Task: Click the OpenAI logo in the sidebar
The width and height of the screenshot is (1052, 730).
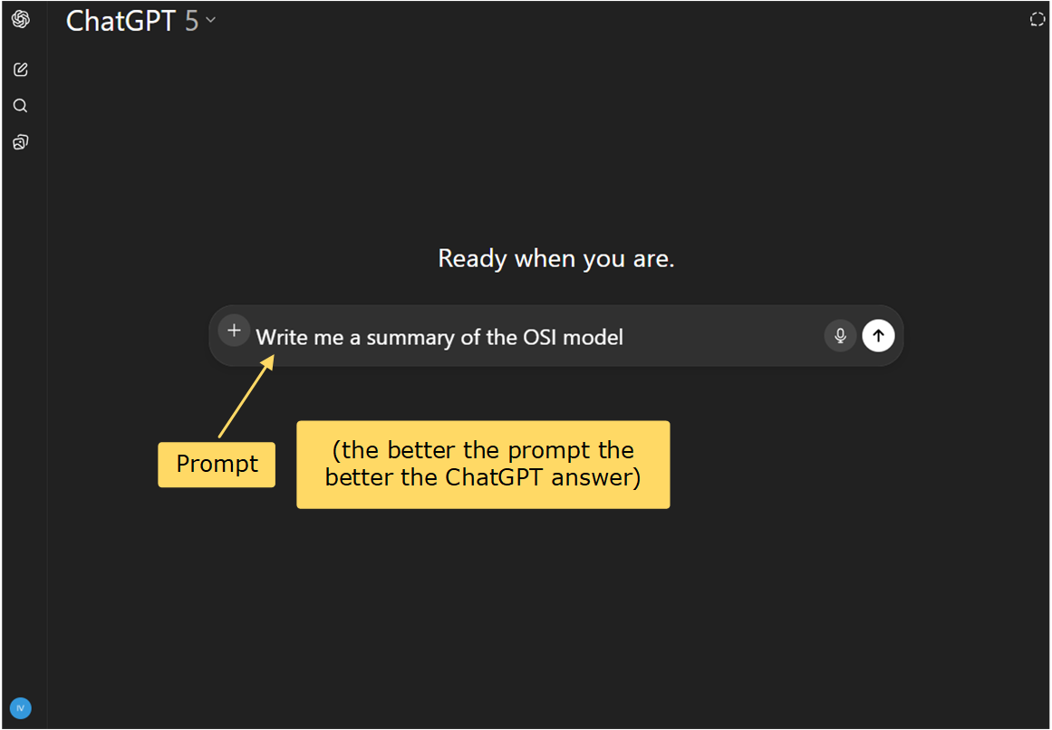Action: (x=20, y=19)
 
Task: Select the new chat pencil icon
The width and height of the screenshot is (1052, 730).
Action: (x=20, y=70)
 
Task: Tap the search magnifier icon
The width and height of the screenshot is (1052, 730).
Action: (x=20, y=106)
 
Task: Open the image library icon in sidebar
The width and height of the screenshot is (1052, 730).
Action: (x=20, y=142)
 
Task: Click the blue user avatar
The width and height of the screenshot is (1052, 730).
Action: (x=20, y=707)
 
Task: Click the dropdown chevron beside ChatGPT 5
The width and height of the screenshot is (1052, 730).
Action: (x=211, y=19)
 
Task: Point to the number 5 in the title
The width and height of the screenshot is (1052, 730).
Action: (x=191, y=20)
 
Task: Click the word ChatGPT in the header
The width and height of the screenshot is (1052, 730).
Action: (x=121, y=20)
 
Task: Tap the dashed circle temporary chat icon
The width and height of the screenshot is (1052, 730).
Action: (x=1038, y=19)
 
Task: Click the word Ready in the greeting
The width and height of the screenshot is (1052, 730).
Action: (x=473, y=259)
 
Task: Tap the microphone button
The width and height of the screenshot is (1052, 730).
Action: (x=840, y=336)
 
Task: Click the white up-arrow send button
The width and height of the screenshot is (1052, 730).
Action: (x=877, y=336)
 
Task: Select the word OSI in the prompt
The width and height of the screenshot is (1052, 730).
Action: (x=544, y=338)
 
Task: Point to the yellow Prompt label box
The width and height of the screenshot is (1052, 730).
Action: (x=217, y=465)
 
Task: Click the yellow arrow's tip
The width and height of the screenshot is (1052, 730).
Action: (x=273, y=357)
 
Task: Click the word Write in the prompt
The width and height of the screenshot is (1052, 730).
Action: (x=281, y=338)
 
